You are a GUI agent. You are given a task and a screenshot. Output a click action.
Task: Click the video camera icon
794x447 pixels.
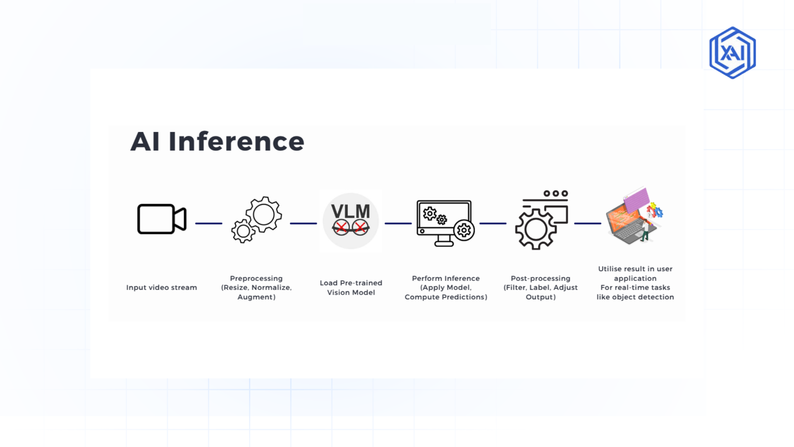(x=162, y=219)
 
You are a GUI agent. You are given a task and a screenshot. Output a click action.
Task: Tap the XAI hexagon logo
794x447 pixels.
(x=732, y=53)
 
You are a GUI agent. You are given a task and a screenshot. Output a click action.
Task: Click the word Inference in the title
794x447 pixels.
(x=236, y=142)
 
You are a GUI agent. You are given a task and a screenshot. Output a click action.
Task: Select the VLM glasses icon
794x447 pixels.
(x=351, y=221)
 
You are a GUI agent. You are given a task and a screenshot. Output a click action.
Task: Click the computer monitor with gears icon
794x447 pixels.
(x=445, y=223)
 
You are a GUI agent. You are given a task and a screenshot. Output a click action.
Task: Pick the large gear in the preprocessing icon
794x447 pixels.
(x=264, y=214)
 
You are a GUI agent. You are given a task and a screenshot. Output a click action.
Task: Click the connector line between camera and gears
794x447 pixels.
(x=208, y=223)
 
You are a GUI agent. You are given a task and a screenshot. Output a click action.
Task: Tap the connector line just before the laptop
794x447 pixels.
(x=587, y=223)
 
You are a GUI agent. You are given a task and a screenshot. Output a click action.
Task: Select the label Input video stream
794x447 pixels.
(x=161, y=288)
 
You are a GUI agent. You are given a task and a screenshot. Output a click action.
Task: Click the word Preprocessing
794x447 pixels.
(x=256, y=279)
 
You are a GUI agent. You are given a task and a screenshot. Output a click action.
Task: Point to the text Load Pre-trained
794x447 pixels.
(x=351, y=283)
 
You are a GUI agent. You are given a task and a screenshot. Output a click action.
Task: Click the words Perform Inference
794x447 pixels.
(x=446, y=279)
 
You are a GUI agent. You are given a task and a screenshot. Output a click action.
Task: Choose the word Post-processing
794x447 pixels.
(x=540, y=279)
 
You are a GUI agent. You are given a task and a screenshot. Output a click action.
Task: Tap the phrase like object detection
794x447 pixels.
(x=635, y=297)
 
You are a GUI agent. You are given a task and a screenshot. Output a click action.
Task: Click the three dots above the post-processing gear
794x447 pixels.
(x=556, y=193)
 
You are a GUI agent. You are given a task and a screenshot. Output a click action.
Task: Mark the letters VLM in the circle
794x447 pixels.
(x=351, y=211)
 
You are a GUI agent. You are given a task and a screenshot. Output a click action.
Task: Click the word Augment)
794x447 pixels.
(x=256, y=297)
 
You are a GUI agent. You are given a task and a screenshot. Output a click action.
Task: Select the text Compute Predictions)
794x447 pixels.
(x=446, y=297)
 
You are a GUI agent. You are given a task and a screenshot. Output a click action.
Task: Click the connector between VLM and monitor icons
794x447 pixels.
(x=398, y=223)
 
